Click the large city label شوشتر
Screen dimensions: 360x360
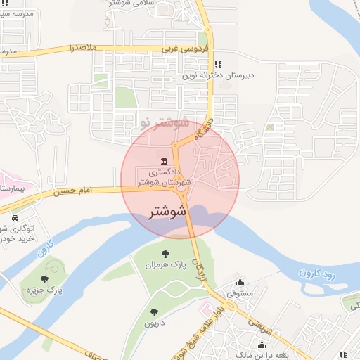(x=168, y=211)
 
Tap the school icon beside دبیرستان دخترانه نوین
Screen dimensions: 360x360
(x=217, y=62)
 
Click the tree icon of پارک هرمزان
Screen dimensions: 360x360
(x=166, y=255)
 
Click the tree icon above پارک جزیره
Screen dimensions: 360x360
(x=44, y=279)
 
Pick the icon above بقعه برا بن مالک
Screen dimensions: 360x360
(x=262, y=345)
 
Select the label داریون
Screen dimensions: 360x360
(x=154, y=323)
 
